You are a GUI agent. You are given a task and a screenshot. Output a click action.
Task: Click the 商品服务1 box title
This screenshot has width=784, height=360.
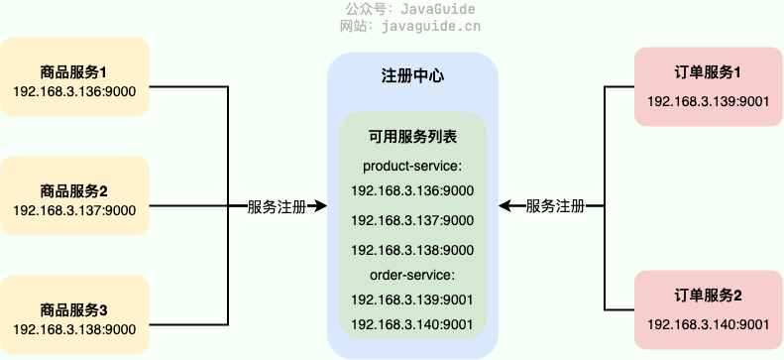click(x=74, y=72)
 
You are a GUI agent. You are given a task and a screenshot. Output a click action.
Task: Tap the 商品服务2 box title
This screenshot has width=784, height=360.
click(x=74, y=190)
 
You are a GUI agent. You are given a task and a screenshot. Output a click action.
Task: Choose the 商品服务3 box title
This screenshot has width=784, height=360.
click(x=74, y=309)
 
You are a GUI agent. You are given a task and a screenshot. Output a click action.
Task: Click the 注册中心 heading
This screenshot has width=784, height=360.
click(x=412, y=75)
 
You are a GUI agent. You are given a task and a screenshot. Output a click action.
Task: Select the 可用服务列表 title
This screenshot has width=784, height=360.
click(x=412, y=138)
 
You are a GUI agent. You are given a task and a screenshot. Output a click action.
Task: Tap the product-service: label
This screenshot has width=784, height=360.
click(x=412, y=165)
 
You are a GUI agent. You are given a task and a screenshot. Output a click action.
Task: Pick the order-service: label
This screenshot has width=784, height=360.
click(x=412, y=275)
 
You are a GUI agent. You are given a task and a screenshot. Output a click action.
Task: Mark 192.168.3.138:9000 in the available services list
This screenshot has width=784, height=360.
click(x=412, y=249)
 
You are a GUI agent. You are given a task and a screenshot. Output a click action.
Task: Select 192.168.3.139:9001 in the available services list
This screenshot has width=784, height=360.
click(x=412, y=300)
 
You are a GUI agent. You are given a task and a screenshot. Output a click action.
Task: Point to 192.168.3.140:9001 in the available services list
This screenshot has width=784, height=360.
click(x=412, y=324)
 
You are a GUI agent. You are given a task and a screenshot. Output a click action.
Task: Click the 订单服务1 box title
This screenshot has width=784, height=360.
click(x=708, y=72)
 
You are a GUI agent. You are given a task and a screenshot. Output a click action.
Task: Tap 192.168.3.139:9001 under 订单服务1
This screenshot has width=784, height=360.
click(x=708, y=100)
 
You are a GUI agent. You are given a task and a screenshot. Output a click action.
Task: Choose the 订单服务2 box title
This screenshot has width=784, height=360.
click(x=708, y=296)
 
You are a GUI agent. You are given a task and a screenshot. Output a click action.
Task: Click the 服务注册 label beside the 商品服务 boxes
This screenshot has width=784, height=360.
click(x=277, y=206)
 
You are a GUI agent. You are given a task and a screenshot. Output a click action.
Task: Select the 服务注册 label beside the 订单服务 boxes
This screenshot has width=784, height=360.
click(x=555, y=206)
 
